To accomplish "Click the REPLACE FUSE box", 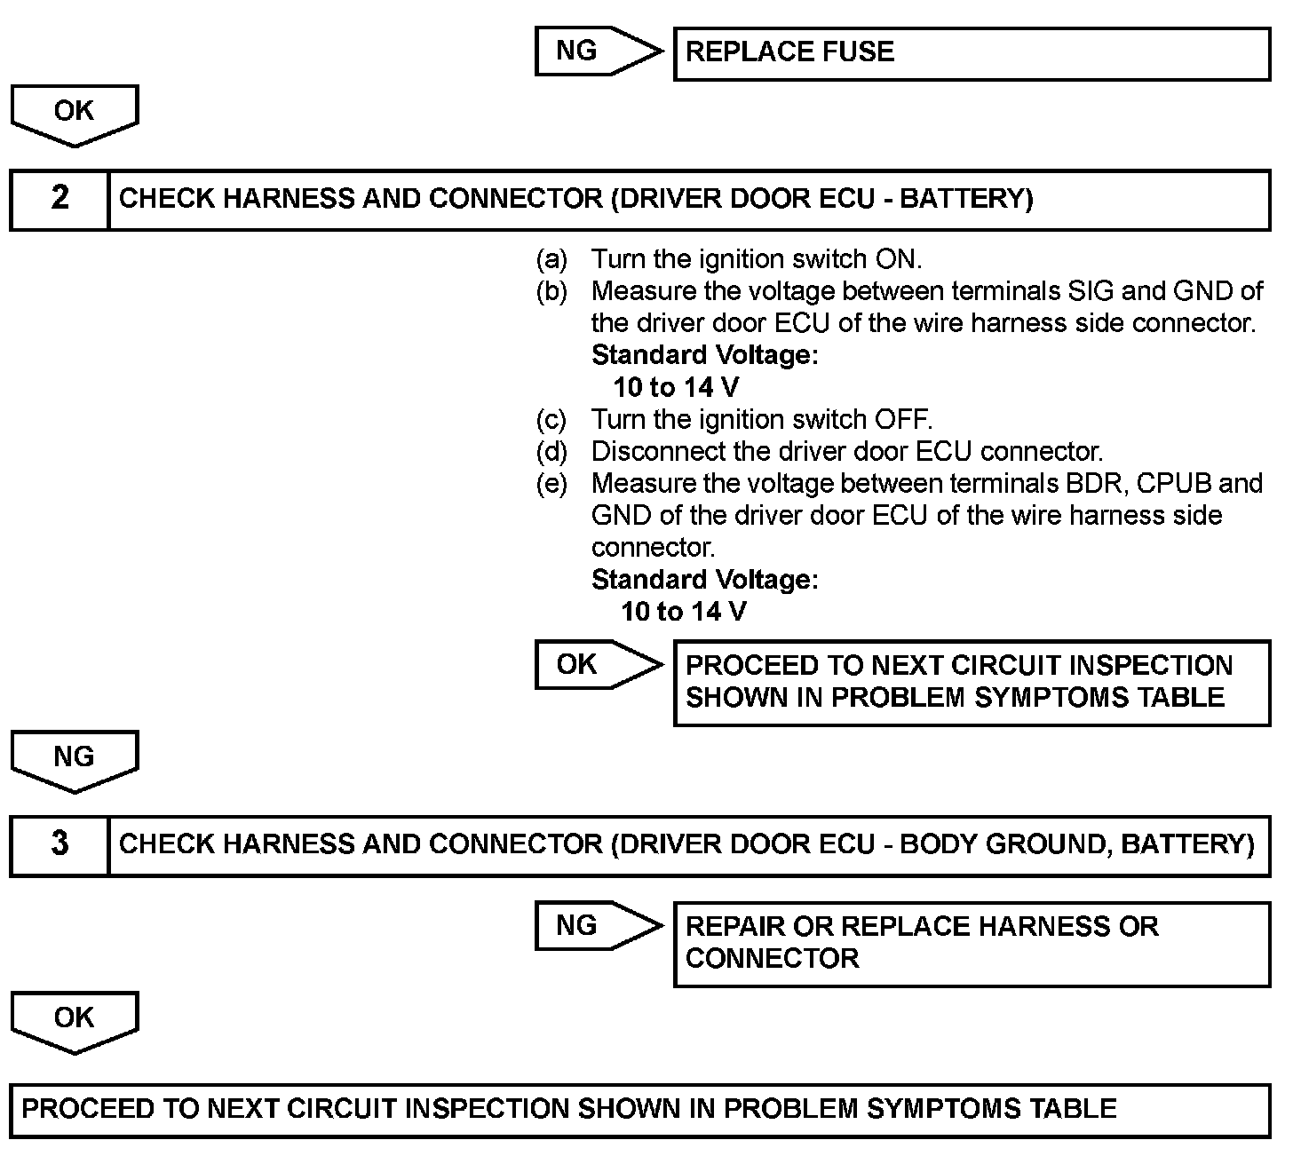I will point(972,53).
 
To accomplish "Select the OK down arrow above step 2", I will point(75,114).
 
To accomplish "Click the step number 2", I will point(59,198).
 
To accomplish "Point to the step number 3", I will point(59,843).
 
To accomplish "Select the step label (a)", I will point(551,259).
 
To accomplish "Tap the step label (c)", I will point(551,419).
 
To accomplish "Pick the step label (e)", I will point(551,484).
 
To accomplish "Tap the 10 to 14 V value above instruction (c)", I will point(677,387).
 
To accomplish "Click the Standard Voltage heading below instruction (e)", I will point(704,580).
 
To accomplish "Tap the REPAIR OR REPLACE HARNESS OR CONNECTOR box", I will point(972,943).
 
